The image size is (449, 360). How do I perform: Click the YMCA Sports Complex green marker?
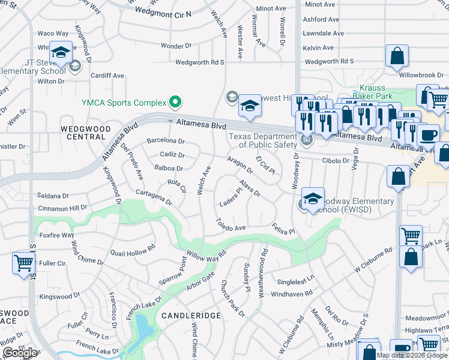point(175,103)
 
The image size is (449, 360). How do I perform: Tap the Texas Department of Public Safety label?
point(263,140)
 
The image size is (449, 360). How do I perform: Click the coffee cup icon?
point(428,134)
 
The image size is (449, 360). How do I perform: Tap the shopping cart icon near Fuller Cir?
point(23,262)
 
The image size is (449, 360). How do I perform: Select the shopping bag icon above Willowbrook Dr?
point(397,56)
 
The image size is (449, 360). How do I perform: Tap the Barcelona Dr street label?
point(166,141)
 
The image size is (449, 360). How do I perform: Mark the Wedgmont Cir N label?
point(162,11)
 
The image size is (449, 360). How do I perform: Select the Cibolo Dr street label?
point(336,160)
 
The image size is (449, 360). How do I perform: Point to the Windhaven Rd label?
point(292,293)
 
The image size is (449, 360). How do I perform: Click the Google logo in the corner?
point(20,353)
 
